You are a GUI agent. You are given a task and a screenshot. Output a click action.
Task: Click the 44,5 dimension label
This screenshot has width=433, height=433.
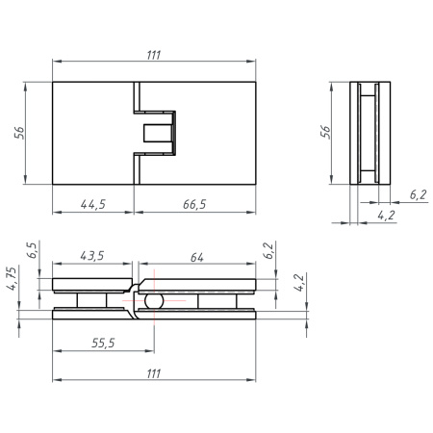93,204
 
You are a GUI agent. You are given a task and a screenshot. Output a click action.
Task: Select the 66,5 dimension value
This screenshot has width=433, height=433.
194,204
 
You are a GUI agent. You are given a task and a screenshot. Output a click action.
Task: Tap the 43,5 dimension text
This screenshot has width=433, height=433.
92,256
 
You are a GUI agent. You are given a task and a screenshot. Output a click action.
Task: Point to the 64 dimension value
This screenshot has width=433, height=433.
196,257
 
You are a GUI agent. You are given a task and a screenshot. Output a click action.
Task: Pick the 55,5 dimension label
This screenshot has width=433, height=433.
103,343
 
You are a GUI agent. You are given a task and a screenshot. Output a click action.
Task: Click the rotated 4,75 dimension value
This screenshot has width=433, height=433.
13,278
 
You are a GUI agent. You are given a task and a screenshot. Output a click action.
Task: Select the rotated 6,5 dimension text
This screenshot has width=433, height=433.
33,250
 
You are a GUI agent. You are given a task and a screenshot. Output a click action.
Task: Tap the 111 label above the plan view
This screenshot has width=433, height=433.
154,55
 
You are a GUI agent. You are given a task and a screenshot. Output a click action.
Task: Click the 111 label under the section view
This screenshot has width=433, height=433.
154,373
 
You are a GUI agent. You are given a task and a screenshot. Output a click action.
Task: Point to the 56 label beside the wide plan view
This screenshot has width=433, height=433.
19,133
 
